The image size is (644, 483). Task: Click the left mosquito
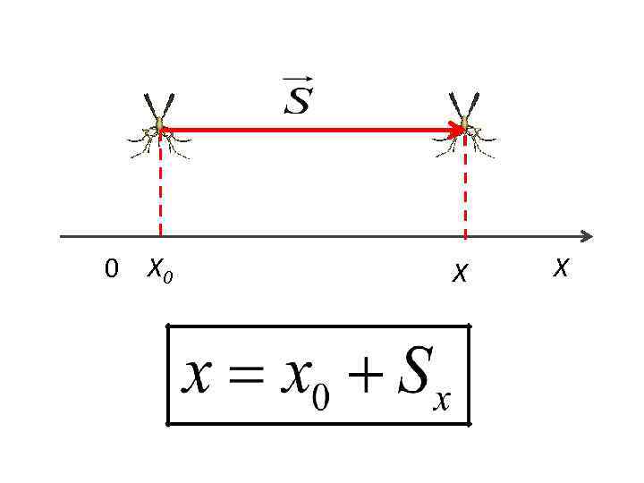point(160,127)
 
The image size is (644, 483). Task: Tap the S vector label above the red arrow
point(297,100)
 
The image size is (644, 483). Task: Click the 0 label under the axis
point(111,268)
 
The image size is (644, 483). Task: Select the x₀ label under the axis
point(160,268)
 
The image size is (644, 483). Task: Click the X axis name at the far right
point(561,267)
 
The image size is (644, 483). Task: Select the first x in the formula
point(198,378)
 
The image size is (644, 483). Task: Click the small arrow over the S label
point(296,81)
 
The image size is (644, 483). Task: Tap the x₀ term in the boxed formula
point(301,382)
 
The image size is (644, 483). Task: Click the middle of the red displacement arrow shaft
point(312,130)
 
